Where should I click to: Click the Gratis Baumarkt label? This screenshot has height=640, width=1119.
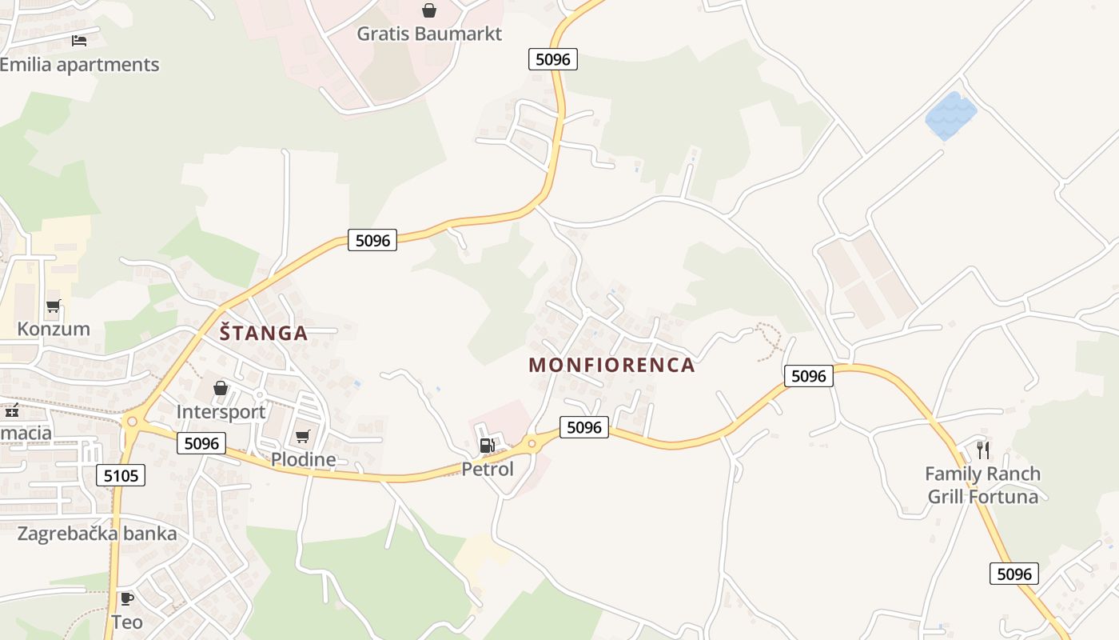pyautogui.click(x=429, y=34)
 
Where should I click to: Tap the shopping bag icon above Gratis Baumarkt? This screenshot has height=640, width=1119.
pyautogui.click(x=429, y=10)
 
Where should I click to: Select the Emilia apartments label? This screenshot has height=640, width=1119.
pyautogui.click(x=80, y=65)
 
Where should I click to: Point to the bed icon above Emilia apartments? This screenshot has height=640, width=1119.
pyautogui.click(x=78, y=40)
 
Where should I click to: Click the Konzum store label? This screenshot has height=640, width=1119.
pyautogui.click(x=54, y=329)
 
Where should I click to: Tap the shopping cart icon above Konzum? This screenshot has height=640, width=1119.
pyautogui.click(x=54, y=306)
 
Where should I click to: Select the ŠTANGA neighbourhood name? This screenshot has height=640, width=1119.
pyautogui.click(x=264, y=333)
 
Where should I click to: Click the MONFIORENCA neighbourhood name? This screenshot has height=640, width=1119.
pyautogui.click(x=611, y=366)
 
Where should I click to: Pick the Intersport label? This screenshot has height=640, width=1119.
pyautogui.click(x=221, y=412)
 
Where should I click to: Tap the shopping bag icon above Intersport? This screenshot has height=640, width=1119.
pyautogui.click(x=221, y=389)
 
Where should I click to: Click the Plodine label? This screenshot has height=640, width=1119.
pyautogui.click(x=303, y=459)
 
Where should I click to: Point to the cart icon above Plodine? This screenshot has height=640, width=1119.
pyautogui.click(x=302, y=436)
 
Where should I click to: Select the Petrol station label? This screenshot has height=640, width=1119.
pyautogui.click(x=488, y=469)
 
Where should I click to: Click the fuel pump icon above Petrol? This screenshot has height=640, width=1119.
pyautogui.click(x=487, y=446)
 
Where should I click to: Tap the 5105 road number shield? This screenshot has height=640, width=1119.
pyautogui.click(x=121, y=476)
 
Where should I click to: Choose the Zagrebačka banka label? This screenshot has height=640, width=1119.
pyautogui.click(x=98, y=534)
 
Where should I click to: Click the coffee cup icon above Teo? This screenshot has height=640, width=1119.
pyautogui.click(x=126, y=598)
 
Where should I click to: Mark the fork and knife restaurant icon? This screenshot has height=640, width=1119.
pyautogui.click(x=983, y=450)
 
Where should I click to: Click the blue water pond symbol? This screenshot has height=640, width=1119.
pyautogui.click(x=951, y=116)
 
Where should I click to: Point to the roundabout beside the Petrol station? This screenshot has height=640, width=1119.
pyautogui.click(x=532, y=442)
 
